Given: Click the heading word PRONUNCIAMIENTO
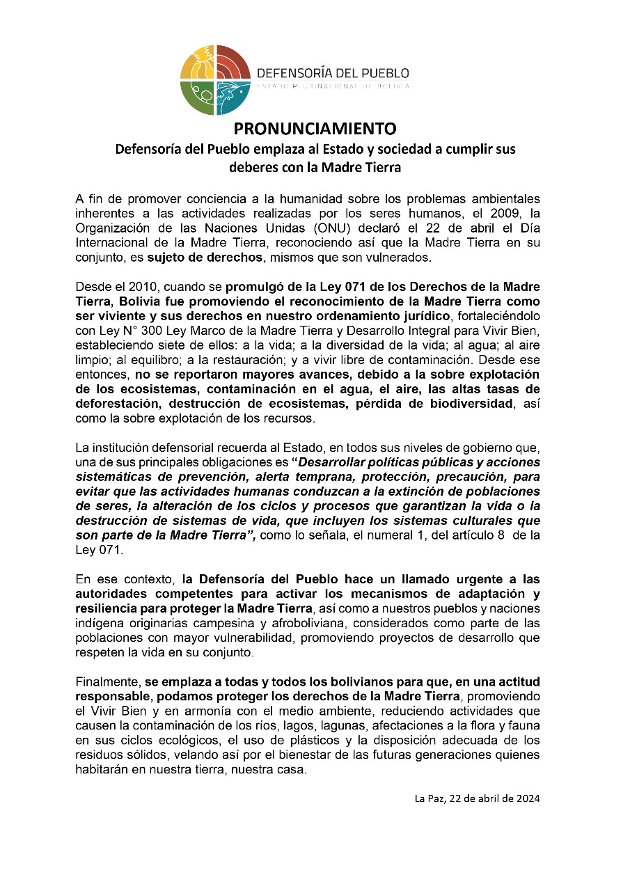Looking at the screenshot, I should [315, 129].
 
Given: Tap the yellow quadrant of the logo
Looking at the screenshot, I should [198, 63].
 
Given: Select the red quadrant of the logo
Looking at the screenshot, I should [232, 63].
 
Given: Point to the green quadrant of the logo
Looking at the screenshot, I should [198, 97].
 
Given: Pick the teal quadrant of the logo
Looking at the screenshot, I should [231, 97].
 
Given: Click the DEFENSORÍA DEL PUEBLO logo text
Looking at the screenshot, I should [333, 73].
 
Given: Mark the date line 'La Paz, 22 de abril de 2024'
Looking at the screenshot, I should [477, 798].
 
